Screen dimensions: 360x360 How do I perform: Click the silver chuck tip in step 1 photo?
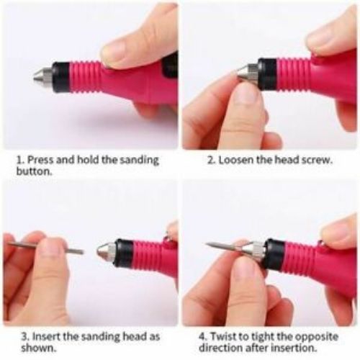click(42, 75)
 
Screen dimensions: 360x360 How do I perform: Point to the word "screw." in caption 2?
click(318, 160)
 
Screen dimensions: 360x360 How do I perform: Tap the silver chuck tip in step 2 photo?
click(248, 72)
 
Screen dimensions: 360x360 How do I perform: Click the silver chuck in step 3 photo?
click(105, 252)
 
